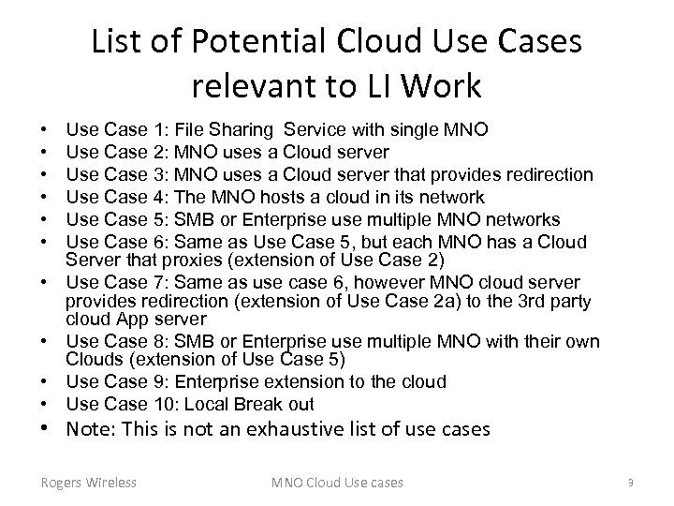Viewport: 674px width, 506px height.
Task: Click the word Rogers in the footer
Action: pos(60,483)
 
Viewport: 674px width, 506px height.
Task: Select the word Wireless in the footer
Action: pos(110,483)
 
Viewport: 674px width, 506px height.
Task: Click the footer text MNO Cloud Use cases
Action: pos(337,483)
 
